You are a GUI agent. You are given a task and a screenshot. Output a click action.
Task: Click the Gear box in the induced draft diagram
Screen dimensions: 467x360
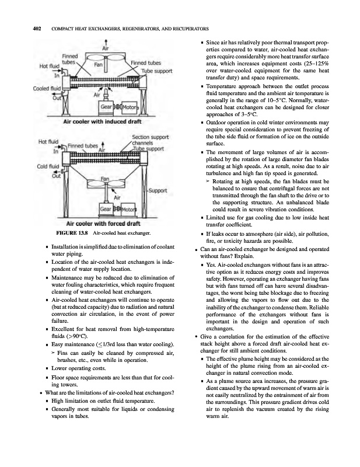tap(107, 108)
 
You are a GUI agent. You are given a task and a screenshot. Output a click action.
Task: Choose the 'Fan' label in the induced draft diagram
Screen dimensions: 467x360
tap(99, 65)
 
